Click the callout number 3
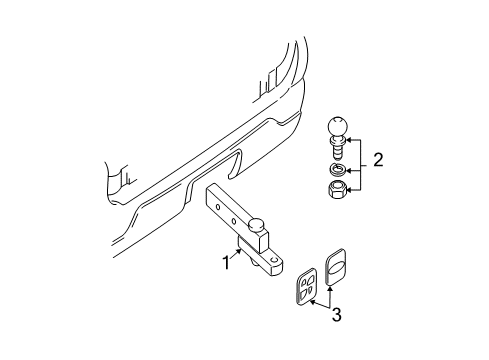point(336,316)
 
